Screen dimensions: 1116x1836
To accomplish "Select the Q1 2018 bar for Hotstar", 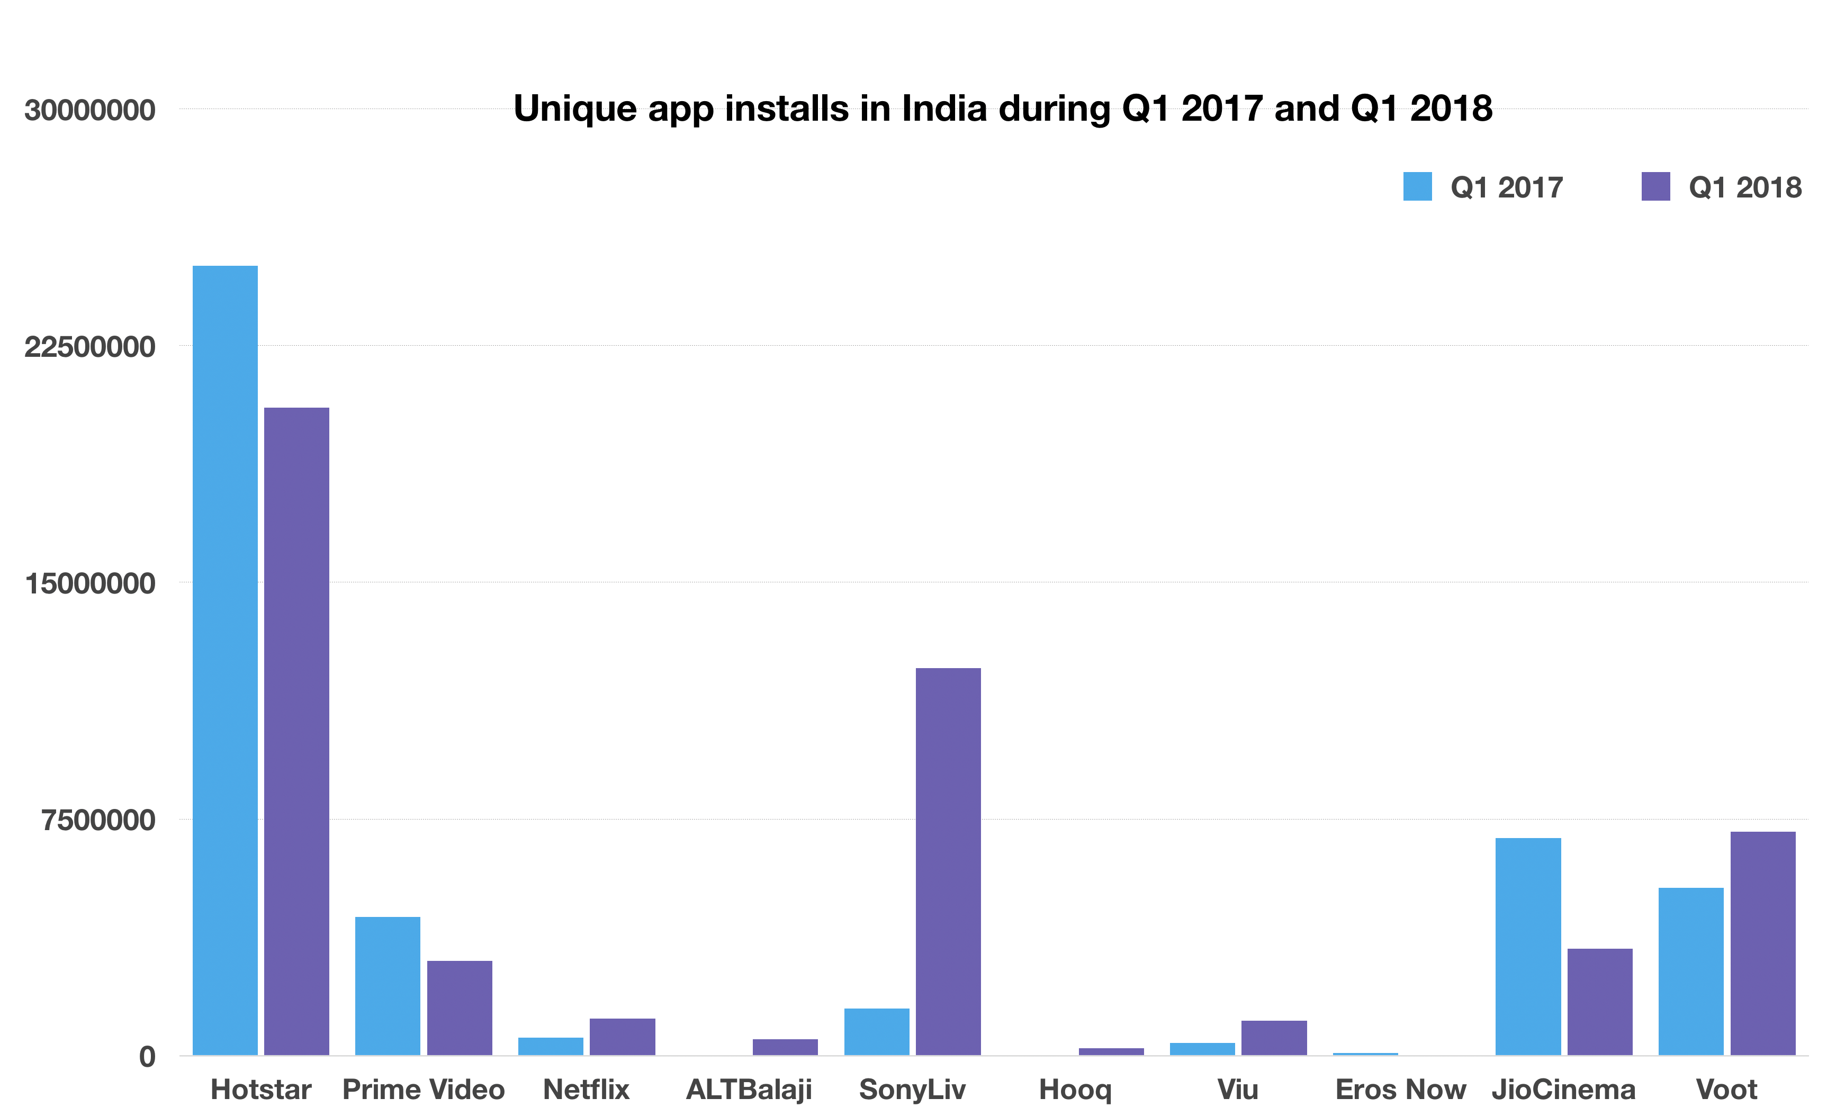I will coord(296,731).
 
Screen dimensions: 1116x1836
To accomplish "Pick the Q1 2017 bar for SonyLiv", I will coord(876,1031).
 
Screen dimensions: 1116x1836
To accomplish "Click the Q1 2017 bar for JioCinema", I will coord(1527,946).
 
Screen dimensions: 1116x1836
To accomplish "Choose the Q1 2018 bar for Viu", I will coord(1273,1037).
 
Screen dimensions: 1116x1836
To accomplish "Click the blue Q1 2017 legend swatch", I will coord(1417,186).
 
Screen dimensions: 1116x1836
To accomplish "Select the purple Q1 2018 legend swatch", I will coord(1655,186).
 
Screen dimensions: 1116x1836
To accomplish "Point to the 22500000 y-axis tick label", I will coord(89,346).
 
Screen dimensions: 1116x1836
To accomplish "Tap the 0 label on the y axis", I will coord(147,1056).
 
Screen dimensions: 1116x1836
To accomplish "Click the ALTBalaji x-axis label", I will coord(749,1090).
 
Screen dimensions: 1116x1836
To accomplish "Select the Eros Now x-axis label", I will coord(1400,1090).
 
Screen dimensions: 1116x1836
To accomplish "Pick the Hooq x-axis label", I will coord(1075,1091).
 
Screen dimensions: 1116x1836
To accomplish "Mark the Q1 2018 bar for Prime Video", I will coord(459,1007).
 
